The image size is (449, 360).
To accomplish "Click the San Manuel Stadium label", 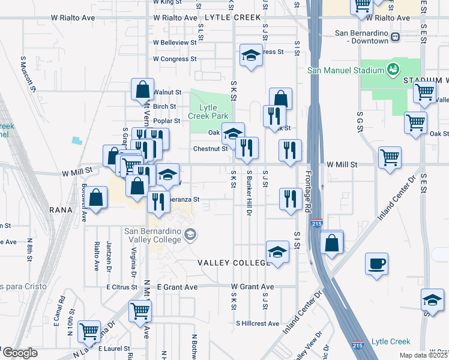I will pyautogui.click(x=345, y=70).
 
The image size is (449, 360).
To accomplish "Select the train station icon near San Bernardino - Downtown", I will pyautogui.click(x=395, y=37).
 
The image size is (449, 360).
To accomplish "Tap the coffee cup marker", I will pyautogui.click(x=376, y=263).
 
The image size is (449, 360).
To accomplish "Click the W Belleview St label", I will pyautogui.click(x=175, y=43).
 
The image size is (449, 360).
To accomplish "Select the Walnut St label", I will pyautogui.click(x=167, y=92).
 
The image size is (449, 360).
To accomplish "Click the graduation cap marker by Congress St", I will pyautogui.click(x=252, y=56).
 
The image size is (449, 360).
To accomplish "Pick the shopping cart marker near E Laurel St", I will pyautogui.click(x=89, y=330).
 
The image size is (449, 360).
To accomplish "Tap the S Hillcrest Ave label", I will pyautogui.click(x=258, y=323).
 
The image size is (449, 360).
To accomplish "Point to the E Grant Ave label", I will pyautogui.click(x=177, y=287).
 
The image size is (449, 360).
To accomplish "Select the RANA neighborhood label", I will pyautogui.click(x=62, y=210).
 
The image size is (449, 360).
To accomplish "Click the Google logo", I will pyautogui.click(x=20, y=353).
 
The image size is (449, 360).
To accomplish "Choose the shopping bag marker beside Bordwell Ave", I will pyautogui.click(x=95, y=197).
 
